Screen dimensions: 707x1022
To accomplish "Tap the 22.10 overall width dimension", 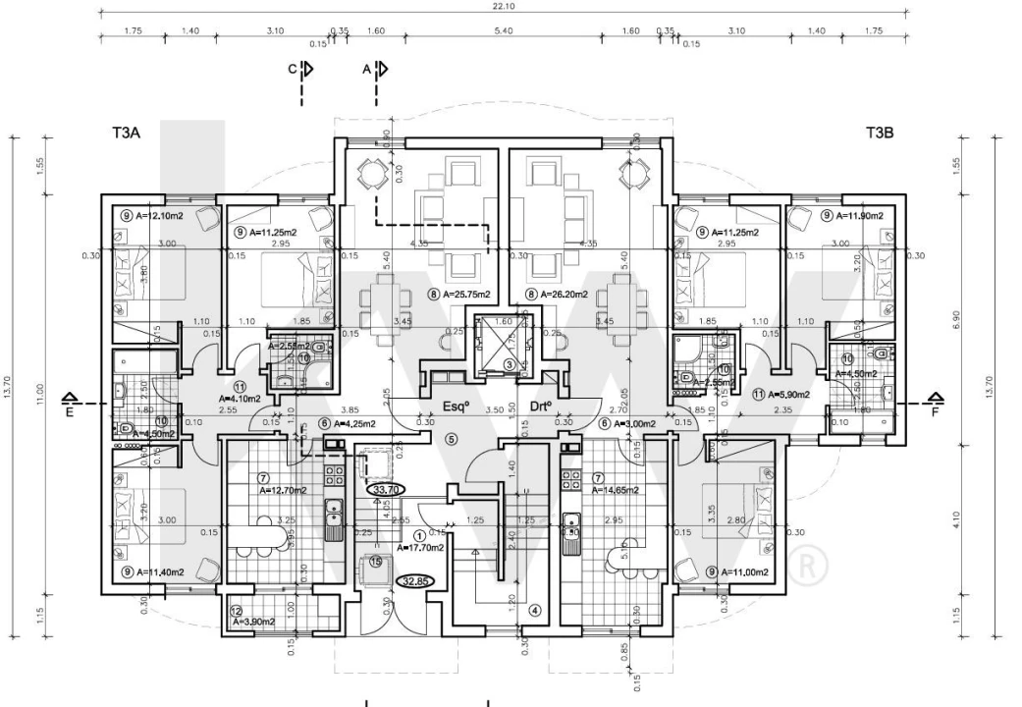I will (x=503, y=7).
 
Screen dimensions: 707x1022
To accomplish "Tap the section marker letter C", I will (x=292, y=70).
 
